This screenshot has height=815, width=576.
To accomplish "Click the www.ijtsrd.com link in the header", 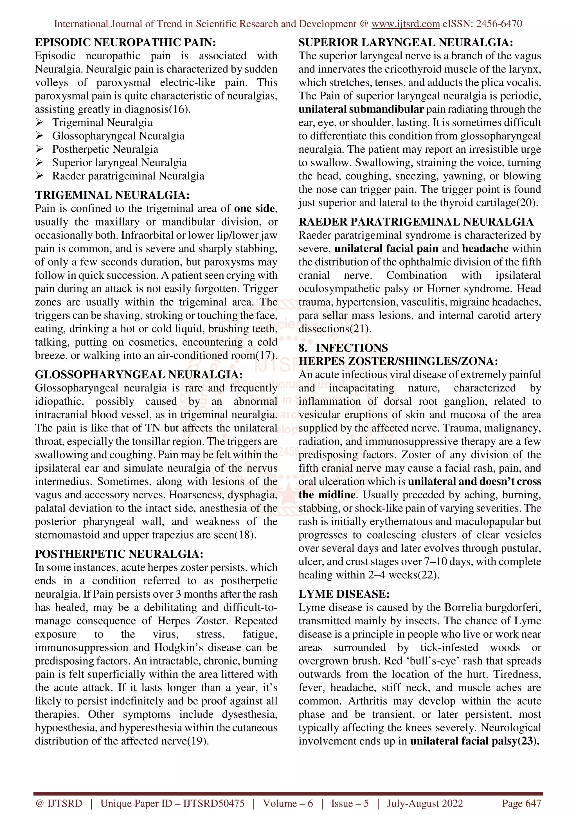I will tap(405, 24).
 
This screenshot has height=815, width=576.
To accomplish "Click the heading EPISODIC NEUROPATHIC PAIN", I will tap(125, 42).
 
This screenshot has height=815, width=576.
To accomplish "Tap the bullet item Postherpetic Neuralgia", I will tap(105, 149).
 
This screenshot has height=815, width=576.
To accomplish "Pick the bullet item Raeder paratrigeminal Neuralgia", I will tap(128, 176).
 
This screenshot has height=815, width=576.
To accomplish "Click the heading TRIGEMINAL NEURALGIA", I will tap(112, 195).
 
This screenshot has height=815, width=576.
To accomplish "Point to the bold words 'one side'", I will tap(255, 208).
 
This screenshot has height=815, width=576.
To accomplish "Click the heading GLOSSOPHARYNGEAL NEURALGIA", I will tap(139, 375).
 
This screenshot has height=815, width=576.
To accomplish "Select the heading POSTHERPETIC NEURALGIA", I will tap(119, 554).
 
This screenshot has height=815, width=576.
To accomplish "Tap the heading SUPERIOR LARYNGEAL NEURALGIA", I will tap(406, 42).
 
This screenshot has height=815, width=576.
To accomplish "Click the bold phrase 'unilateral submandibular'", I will tap(361, 109).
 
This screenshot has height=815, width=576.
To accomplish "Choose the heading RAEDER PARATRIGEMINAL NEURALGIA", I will tap(416, 222).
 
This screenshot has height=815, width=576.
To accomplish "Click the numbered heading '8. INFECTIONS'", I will tap(343, 348).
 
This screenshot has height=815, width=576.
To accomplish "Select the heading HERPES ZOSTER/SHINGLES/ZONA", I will tap(398, 361).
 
